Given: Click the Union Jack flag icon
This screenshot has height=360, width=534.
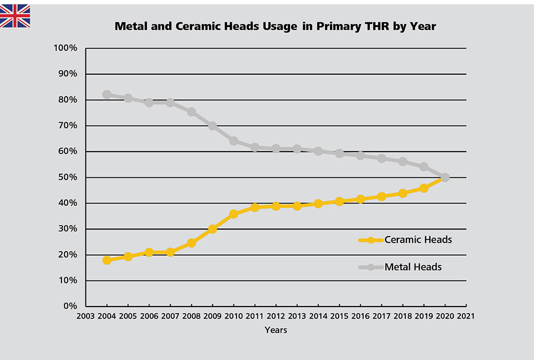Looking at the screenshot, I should [15, 15].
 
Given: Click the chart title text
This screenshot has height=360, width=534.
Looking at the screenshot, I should [275, 26].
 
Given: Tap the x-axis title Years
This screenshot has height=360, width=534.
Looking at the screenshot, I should [276, 330].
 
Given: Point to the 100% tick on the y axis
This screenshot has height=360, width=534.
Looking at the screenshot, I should [66, 49].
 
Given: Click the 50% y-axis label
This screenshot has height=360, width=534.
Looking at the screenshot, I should [68, 177].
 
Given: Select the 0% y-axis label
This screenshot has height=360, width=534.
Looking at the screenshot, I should [70, 306].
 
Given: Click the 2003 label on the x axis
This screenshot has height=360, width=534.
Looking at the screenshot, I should [86, 316].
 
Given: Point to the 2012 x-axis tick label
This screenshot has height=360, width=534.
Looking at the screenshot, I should [276, 316].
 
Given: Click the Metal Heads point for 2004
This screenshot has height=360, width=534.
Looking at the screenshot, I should [107, 95].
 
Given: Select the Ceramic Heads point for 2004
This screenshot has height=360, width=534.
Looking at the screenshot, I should [107, 260].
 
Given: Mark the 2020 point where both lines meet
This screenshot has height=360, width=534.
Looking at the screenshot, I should [445, 177].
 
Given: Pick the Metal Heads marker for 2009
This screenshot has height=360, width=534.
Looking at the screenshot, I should [213, 126].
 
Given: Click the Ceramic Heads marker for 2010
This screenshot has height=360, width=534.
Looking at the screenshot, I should [233, 214].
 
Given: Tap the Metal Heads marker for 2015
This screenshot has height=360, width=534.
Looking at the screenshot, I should [339, 153].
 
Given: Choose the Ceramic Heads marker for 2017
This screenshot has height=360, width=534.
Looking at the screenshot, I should [381, 197].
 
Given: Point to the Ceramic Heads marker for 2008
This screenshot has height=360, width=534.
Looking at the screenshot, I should [191, 243].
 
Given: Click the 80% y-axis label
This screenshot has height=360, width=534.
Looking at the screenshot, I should [68, 100].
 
